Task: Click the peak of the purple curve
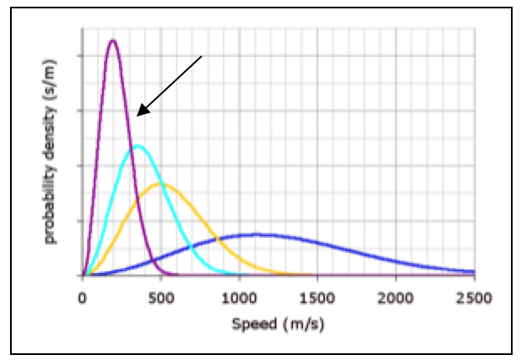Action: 112,40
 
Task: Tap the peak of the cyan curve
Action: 137,147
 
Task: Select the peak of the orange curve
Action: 160,183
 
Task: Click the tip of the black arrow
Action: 138,115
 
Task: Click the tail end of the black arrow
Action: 203,56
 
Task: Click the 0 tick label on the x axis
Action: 82,296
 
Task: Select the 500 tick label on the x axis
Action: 160,296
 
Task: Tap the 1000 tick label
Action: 239,296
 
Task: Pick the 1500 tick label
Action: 317,296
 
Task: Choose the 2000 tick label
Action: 396,296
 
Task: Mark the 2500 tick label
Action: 473,296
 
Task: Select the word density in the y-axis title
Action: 52,143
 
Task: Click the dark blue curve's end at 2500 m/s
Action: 474,271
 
